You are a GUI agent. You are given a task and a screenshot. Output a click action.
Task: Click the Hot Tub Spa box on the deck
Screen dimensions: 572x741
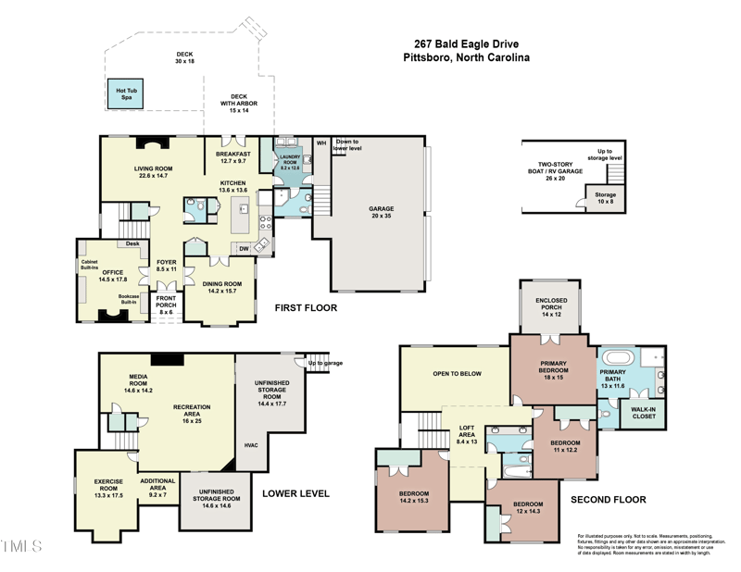pos(125,93)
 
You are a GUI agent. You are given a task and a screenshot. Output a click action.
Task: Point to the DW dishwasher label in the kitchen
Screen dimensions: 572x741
pos(244,247)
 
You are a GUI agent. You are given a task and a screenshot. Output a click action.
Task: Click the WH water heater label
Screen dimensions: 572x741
pos(321,143)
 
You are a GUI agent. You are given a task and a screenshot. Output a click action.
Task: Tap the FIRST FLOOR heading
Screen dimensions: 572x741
pos(306,308)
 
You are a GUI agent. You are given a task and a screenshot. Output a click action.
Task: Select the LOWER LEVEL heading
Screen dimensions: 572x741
pos(295,493)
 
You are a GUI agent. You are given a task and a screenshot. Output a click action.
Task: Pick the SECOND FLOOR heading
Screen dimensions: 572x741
pos(608,500)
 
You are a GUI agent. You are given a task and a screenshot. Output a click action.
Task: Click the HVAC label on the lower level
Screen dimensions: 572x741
pos(251,445)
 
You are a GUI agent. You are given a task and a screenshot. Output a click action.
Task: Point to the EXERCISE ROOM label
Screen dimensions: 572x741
pos(108,486)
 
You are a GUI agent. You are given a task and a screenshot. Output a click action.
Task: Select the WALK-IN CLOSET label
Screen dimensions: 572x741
pos(643,412)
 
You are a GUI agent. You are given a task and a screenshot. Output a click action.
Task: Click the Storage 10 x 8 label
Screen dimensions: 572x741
pos(605,199)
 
